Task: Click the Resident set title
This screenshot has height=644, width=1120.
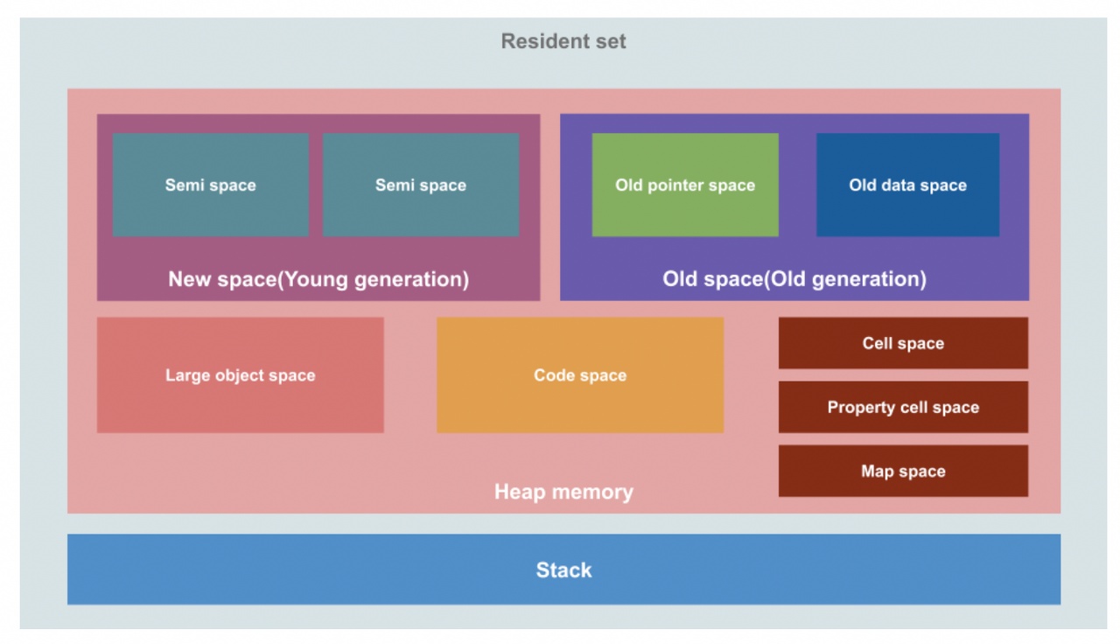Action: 563,41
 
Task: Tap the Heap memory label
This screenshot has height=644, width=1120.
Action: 563,492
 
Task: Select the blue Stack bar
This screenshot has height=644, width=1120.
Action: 563,570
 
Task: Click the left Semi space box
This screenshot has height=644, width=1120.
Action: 210,185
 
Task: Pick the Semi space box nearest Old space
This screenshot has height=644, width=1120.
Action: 420,185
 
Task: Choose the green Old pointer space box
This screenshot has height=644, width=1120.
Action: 685,185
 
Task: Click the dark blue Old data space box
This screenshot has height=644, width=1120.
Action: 907,185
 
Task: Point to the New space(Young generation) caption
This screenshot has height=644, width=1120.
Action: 318,279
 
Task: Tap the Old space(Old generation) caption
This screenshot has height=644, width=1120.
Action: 794,279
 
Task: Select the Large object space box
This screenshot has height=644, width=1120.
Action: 240,375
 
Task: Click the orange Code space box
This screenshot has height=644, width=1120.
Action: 580,375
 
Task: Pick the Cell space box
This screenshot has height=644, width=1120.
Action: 903,343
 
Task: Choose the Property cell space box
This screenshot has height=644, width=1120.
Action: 903,407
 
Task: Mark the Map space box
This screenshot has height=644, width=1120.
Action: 903,471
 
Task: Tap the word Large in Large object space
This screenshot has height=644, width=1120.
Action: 185,375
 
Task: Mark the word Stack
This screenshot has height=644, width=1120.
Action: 563,570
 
